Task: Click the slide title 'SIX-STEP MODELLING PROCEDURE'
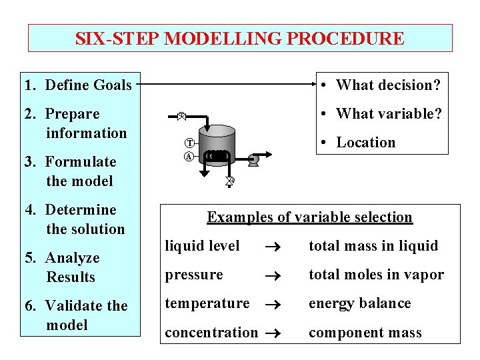[239, 39]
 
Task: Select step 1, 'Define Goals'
[77, 85]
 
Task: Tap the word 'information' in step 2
[86, 133]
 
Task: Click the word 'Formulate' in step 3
[80, 162]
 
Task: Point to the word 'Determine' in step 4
[80, 210]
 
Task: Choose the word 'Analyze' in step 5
[72, 258]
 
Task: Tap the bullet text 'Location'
[365, 142]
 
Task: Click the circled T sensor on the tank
[189, 143]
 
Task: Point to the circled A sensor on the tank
[189, 157]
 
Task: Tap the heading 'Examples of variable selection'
[309, 217]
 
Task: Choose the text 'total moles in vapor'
[375, 275]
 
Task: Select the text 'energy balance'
[359, 303]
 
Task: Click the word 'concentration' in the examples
[211, 332]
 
